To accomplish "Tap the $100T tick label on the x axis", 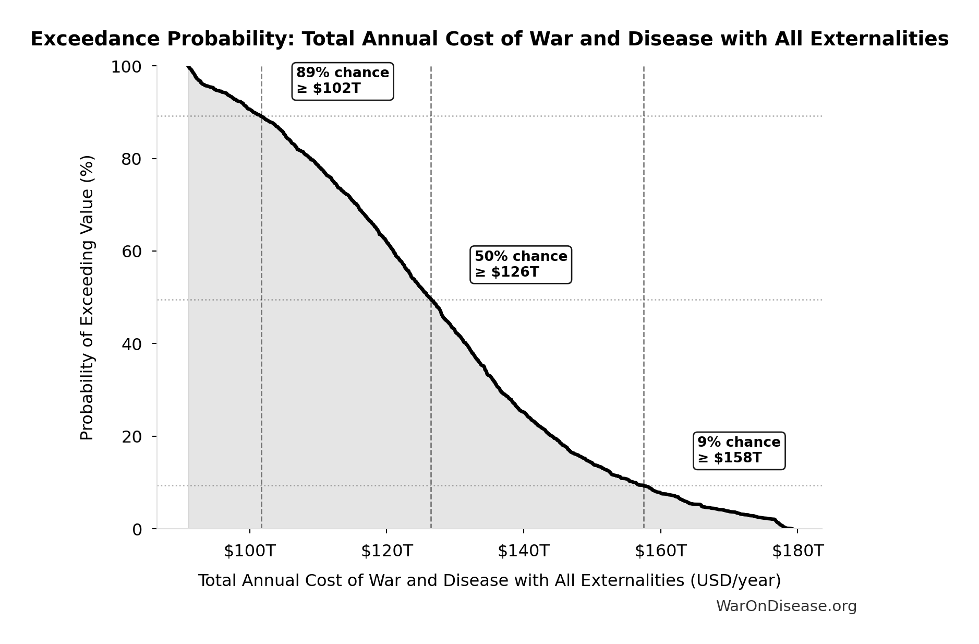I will point(249,551).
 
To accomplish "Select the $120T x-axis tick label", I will point(386,551).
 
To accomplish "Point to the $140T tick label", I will point(523,551).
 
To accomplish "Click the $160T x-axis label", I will point(660,551).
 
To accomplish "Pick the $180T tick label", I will point(797,551).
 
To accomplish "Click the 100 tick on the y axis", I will point(126,67).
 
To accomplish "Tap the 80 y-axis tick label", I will point(131,159).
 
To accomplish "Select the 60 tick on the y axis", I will point(131,252).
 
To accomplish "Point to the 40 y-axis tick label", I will point(131,344).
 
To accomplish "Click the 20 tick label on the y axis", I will point(131,436).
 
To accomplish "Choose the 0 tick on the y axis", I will point(137,529).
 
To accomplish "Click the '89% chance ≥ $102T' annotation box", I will point(342,81).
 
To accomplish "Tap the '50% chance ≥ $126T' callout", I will point(521,265).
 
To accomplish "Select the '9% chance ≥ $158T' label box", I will point(739,450).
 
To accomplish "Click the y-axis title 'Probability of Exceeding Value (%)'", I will point(87,297).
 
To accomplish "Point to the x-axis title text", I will point(489,581).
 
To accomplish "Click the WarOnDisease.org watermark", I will point(786,606).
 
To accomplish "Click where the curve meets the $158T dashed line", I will point(644,486).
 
